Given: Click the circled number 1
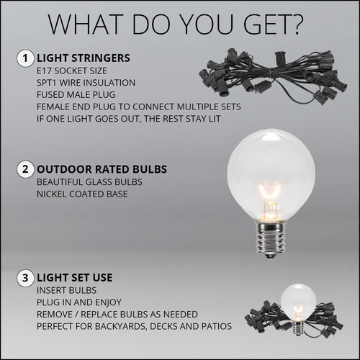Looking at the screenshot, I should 26,57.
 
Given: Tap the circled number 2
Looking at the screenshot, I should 26,170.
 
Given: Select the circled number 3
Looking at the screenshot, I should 26,276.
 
